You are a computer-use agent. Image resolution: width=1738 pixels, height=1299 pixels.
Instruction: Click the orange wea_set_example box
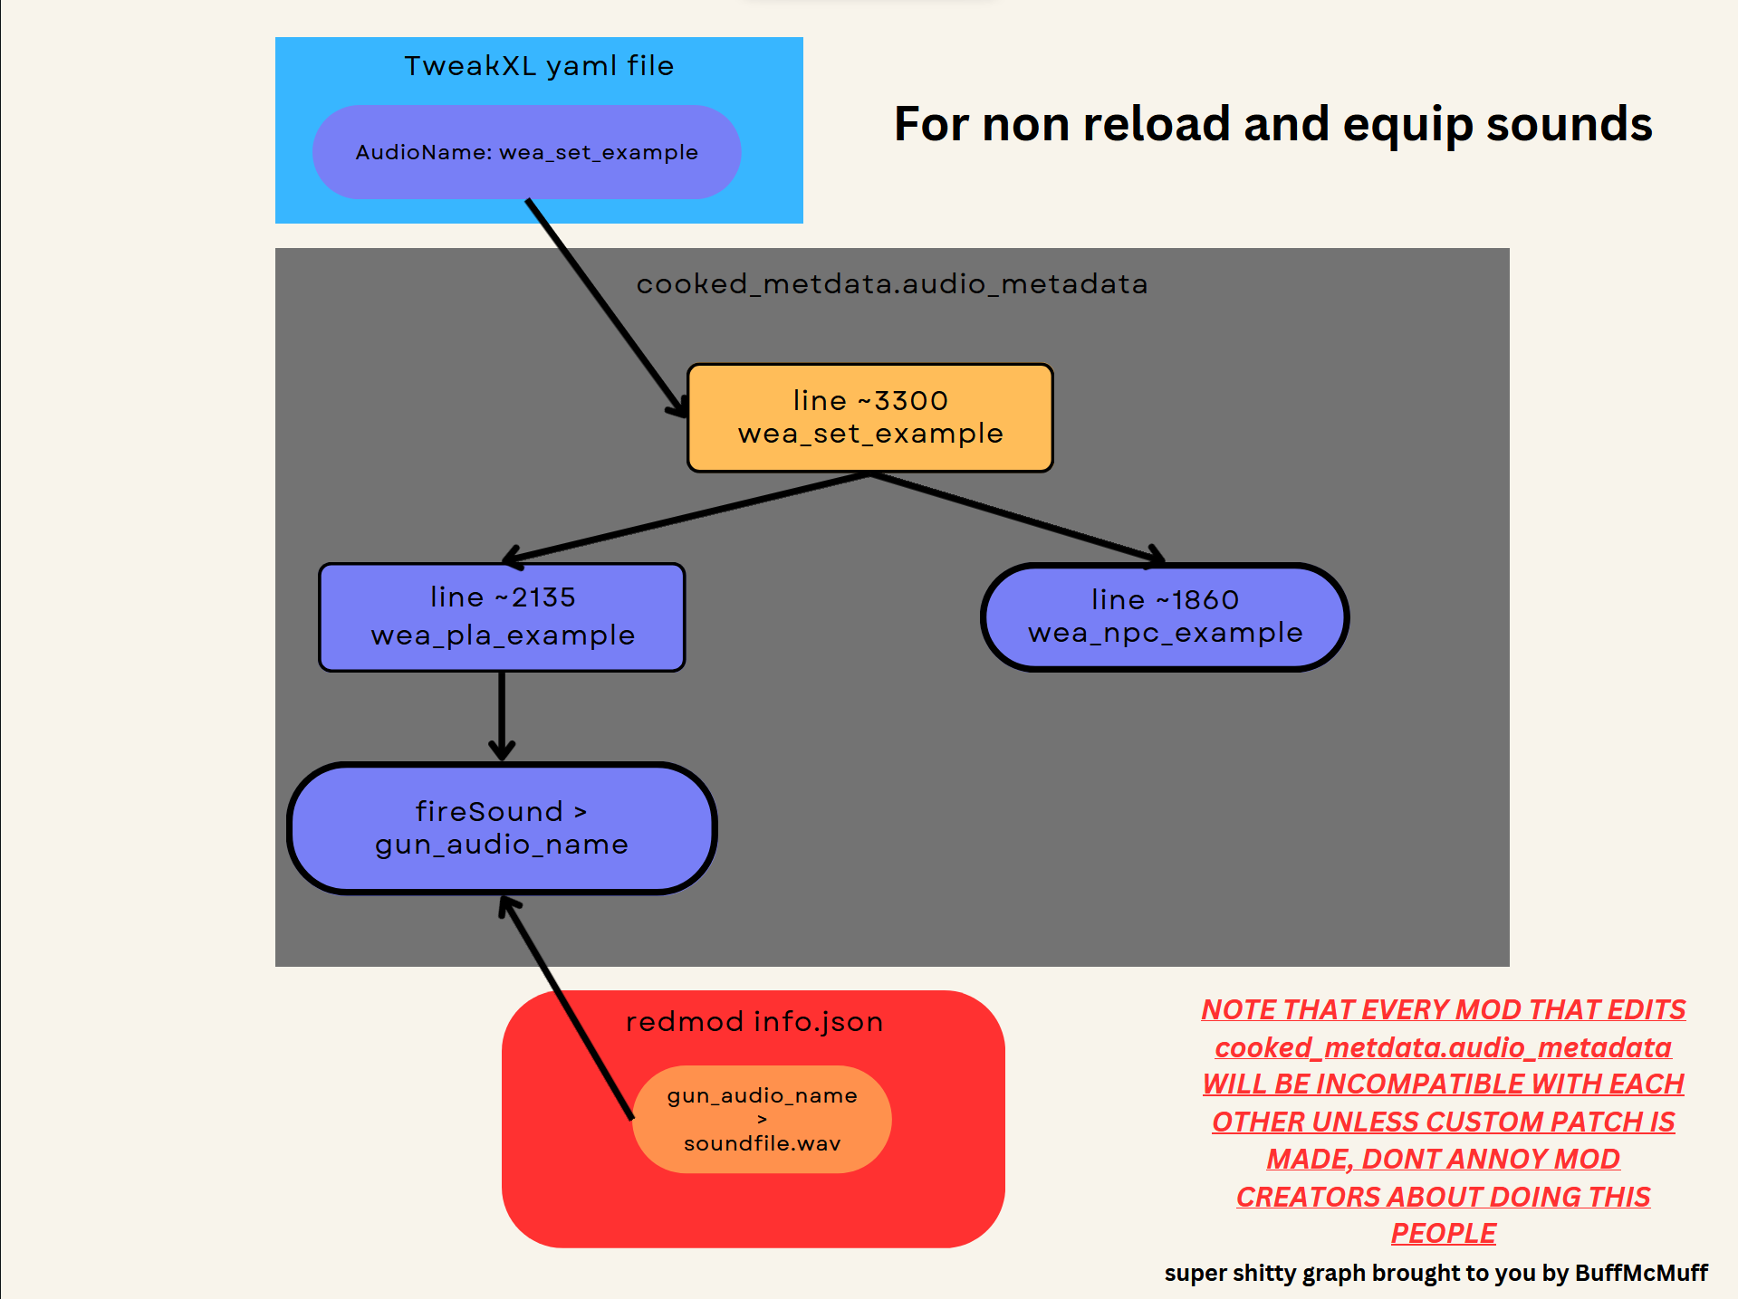click(869, 418)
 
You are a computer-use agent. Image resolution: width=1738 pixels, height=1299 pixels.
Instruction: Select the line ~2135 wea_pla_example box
click(502, 617)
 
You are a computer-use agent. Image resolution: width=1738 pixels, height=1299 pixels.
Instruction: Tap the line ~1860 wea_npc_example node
click(1165, 617)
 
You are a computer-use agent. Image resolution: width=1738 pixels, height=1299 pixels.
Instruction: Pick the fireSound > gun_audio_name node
click(502, 828)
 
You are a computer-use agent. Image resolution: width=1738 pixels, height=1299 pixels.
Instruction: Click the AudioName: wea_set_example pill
click(526, 152)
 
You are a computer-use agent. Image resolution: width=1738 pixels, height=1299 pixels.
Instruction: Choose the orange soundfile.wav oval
click(762, 1120)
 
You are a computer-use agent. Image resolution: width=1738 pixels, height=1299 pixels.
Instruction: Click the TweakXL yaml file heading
click(539, 66)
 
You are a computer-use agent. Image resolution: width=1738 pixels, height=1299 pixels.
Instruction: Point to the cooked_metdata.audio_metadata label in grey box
click(891, 284)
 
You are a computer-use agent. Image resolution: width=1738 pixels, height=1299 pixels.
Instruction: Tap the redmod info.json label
click(754, 1022)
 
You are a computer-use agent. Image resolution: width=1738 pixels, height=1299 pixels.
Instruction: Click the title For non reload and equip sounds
click(1272, 124)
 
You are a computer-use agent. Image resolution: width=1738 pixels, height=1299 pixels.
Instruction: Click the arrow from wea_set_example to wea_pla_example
click(686, 516)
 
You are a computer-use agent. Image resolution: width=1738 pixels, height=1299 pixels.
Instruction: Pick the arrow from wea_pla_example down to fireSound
click(502, 715)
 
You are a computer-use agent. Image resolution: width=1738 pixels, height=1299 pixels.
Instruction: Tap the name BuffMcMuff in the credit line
click(1641, 1274)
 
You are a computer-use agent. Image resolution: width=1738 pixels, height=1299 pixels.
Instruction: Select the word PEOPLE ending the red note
click(1444, 1234)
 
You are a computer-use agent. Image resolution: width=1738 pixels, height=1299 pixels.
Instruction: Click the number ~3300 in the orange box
click(910, 401)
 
